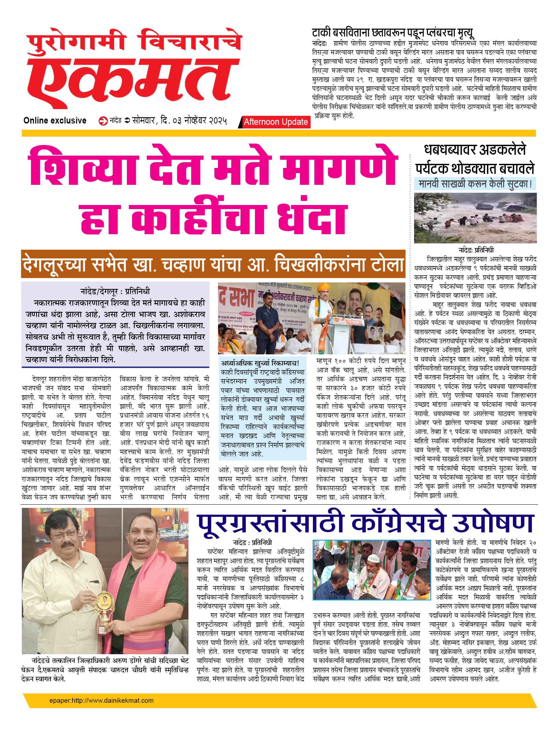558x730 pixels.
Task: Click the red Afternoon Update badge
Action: point(275,122)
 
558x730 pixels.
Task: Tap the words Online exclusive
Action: point(55,120)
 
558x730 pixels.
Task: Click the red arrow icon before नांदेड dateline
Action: point(103,121)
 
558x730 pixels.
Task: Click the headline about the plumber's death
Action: point(393,33)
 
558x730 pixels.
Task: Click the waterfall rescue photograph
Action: point(475,218)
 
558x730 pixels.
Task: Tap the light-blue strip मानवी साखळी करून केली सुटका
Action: point(475,184)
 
